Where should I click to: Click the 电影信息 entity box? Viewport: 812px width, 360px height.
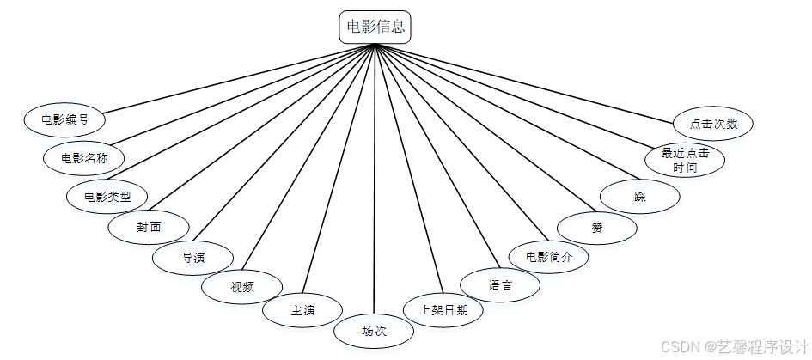(x=375, y=26)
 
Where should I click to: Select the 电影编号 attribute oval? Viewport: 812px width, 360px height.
(x=64, y=119)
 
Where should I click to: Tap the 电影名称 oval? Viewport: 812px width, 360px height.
(x=84, y=157)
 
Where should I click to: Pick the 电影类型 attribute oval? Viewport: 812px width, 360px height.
(x=107, y=196)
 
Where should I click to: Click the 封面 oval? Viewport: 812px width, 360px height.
(x=149, y=227)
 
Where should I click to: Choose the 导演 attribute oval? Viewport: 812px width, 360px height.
(x=193, y=257)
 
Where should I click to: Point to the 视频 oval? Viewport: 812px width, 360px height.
(x=241, y=287)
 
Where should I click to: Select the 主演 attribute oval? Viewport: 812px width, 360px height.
(x=302, y=310)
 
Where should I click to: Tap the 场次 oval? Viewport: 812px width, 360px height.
(x=375, y=330)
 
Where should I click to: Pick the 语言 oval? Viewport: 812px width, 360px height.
(x=500, y=285)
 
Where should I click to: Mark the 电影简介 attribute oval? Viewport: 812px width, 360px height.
(x=548, y=256)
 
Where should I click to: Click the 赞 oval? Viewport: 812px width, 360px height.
(x=597, y=228)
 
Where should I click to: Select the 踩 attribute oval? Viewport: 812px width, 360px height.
(x=640, y=197)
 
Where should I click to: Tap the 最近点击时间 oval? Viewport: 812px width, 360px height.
(x=685, y=161)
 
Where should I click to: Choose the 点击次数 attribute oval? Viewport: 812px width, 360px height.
(x=713, y=123)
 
